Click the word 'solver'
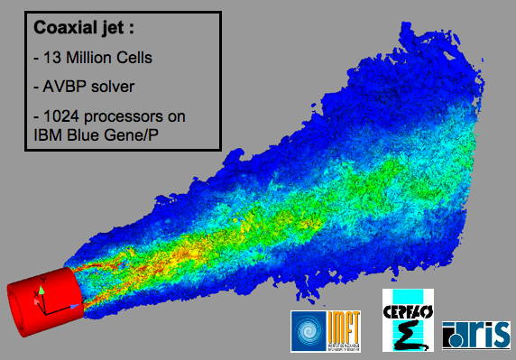(x=112, y=88)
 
